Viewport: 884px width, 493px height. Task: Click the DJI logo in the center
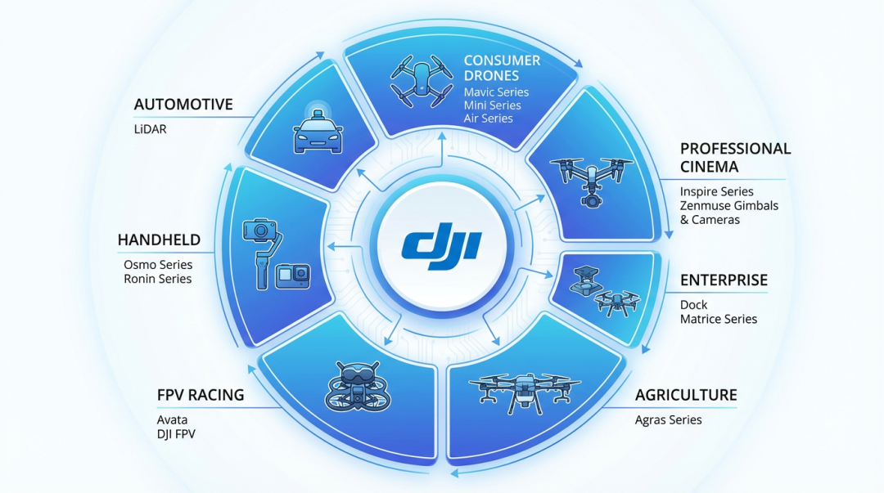point(442,245)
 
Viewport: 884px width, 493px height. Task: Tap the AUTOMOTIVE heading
point(183,105)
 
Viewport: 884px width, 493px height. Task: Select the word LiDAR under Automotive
point(150,128)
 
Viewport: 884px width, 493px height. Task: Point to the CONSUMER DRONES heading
point(502,68)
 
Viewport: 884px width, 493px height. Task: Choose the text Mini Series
point(492,105)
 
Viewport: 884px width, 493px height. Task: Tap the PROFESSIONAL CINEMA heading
point(735,158)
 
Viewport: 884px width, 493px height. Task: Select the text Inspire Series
point(717,191)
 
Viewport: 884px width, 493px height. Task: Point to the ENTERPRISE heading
point(724,280)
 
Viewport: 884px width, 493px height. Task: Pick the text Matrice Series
point(719,319)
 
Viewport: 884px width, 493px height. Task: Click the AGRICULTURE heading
point(686,395)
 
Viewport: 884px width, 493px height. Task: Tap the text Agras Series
point(668,420)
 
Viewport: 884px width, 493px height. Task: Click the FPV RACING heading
point(201,395)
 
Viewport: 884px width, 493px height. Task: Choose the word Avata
point(172,420)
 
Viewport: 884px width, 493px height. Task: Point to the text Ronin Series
point(158,279)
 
